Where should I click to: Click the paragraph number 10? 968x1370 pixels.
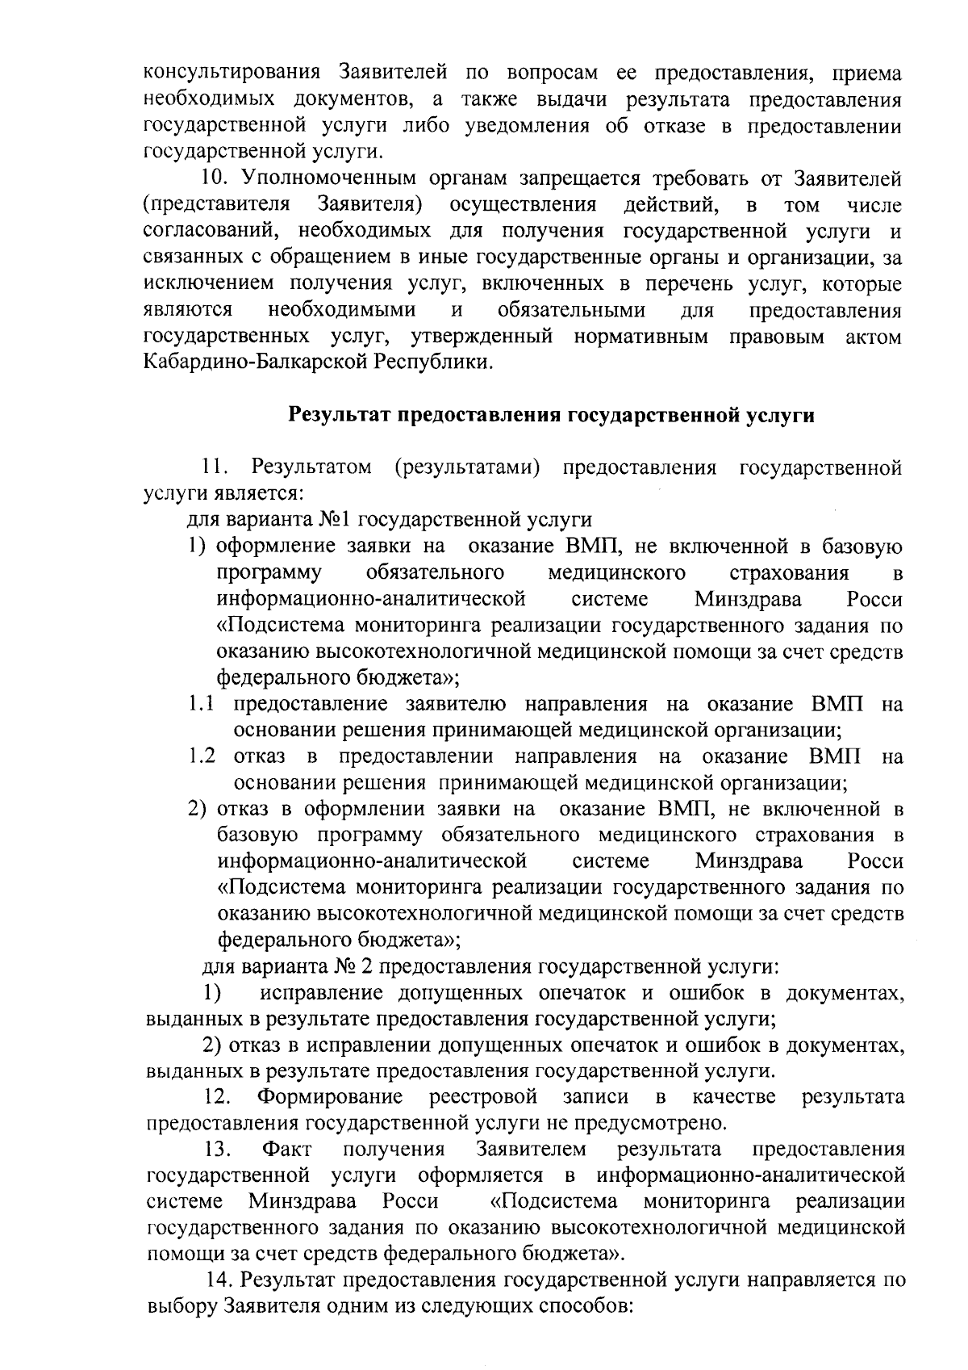click(215, 178)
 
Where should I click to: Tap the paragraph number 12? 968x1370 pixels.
click(218, 1096)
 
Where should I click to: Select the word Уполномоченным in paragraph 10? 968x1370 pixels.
click(328, 178)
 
